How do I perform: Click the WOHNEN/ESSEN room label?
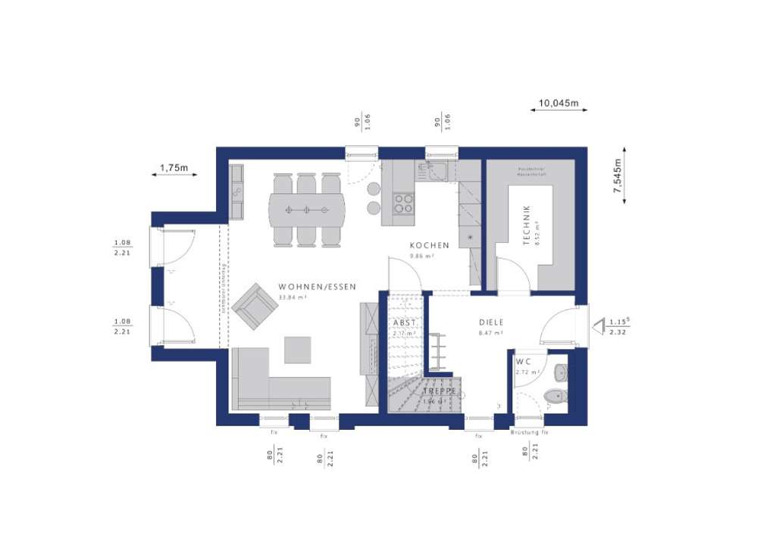[x=318, y=287]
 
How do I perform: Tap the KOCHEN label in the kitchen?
[x=430, y=245]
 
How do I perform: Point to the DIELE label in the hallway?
[x=491, y=322]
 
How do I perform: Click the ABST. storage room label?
[x=403, y=322]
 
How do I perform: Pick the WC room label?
[x=524, y=361]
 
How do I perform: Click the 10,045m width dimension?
[x=559, y=102]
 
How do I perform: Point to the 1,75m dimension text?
[x=174, y=167]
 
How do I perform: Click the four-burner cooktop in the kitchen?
[x=403, y=203]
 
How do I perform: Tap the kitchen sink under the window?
[x=438, y=172]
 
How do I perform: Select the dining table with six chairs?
[x=306, y=209]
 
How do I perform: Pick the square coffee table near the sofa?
[x=297, y=350]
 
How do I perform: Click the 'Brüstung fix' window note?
[x=530, y=432]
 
